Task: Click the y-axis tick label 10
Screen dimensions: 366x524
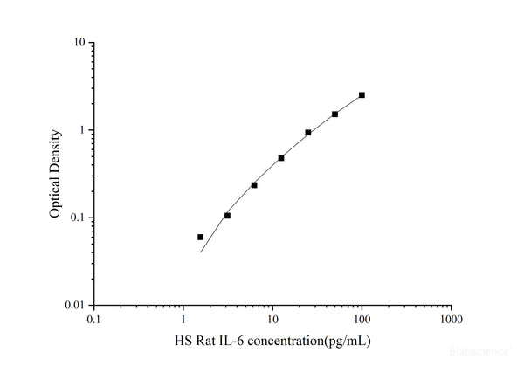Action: (79, 42)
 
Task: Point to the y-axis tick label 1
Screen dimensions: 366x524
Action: (82, 130)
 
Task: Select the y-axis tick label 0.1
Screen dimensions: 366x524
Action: (78, 218)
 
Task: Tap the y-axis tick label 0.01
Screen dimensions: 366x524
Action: (75, 306)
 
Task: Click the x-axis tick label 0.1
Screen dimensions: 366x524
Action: (94, 320)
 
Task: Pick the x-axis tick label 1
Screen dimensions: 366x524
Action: (183, 320)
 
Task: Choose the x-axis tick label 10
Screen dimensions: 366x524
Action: (272, 320)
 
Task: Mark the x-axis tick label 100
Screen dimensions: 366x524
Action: (362, 320)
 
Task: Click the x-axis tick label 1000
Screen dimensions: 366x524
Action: (451, 320)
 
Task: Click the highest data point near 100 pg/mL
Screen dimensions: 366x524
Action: (362, 94)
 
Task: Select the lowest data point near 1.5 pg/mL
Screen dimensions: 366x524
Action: (200, 237)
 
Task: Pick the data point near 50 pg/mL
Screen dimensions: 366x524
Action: (334, 114)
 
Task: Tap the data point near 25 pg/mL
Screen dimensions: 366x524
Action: (308, 133)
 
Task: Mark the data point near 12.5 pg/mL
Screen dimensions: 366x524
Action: (281, 158)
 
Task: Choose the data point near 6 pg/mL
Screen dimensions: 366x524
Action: (254, 185)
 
